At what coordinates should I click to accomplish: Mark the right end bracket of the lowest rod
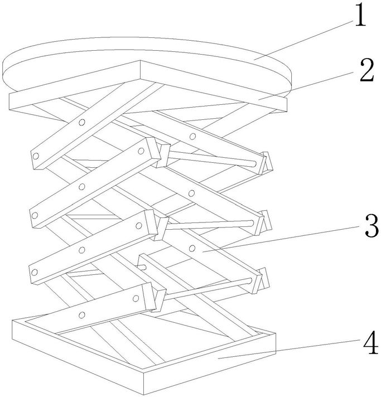pos(262,280)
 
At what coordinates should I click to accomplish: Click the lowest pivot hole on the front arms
pos(82,316)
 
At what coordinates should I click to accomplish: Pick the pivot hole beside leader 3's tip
pos(192,247)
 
